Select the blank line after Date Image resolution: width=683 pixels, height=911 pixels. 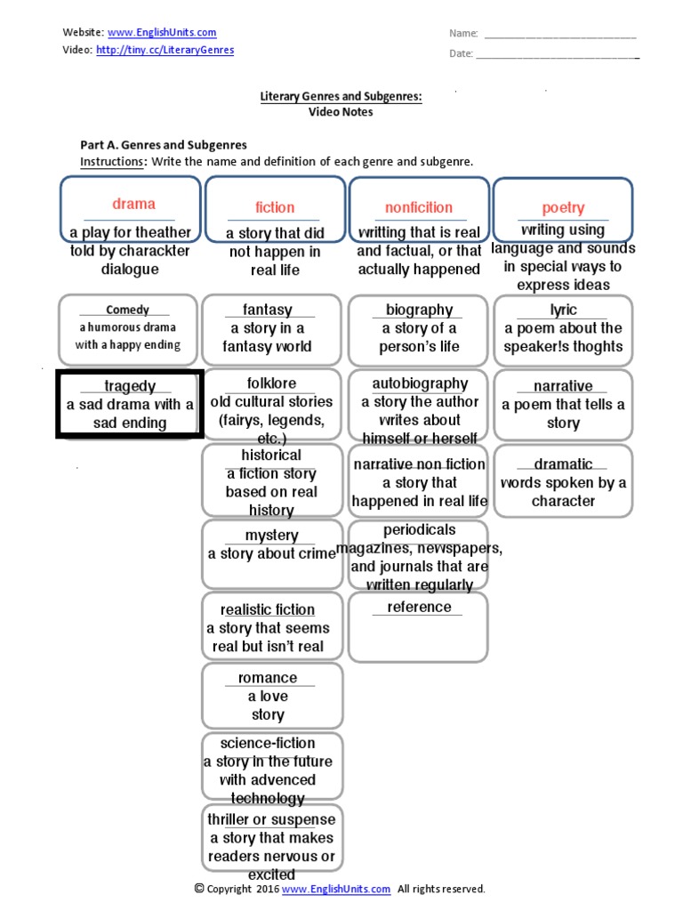coord(558,54)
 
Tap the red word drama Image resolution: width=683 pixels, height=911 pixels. coord(133,204)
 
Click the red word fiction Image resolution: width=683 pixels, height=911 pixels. coord(275,207)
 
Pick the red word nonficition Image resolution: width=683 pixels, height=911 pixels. coord(419,207)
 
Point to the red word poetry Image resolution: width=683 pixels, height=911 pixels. coord(563,207)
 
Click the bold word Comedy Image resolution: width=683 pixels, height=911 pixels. coord(127,310)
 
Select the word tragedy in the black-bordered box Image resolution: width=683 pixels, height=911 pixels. coord(130,386)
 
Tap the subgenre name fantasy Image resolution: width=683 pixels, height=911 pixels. coord(268,310)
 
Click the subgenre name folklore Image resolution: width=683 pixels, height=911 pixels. coord(271,383)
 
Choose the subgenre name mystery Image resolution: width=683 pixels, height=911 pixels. coord(272,536)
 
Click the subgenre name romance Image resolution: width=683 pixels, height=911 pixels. coord(268,678)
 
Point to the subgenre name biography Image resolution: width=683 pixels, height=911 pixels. coord(419,310)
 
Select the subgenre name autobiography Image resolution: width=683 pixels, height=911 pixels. coord(419,383)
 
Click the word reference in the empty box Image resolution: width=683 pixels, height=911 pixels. coord(419,607)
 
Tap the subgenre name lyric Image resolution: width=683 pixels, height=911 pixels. coord(563,310)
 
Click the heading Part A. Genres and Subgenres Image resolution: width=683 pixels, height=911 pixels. coord(164,144)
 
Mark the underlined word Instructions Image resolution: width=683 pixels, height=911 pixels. coord(112,161)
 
